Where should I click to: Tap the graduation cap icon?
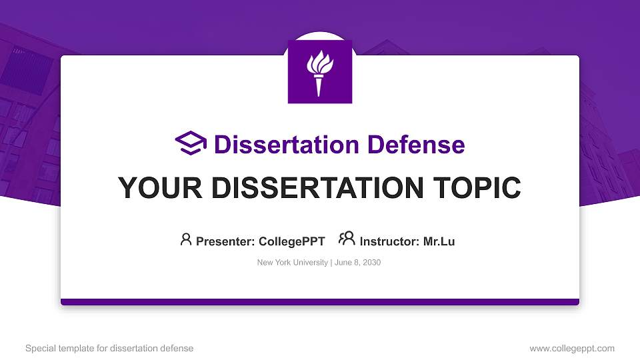pos(191,144)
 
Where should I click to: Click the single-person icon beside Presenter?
pos(186,239)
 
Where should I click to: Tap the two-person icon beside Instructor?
pos(347,239)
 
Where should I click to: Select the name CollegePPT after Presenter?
pos(291,241)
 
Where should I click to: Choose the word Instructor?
pos(390,241)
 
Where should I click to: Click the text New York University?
pos(292,263)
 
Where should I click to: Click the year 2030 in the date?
pos(371,263)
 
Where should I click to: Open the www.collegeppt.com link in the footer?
pos(571,348)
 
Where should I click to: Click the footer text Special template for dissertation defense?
pos(109,348)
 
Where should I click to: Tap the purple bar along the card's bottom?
pos(320,302)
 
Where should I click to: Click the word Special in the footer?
pos(39,348)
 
